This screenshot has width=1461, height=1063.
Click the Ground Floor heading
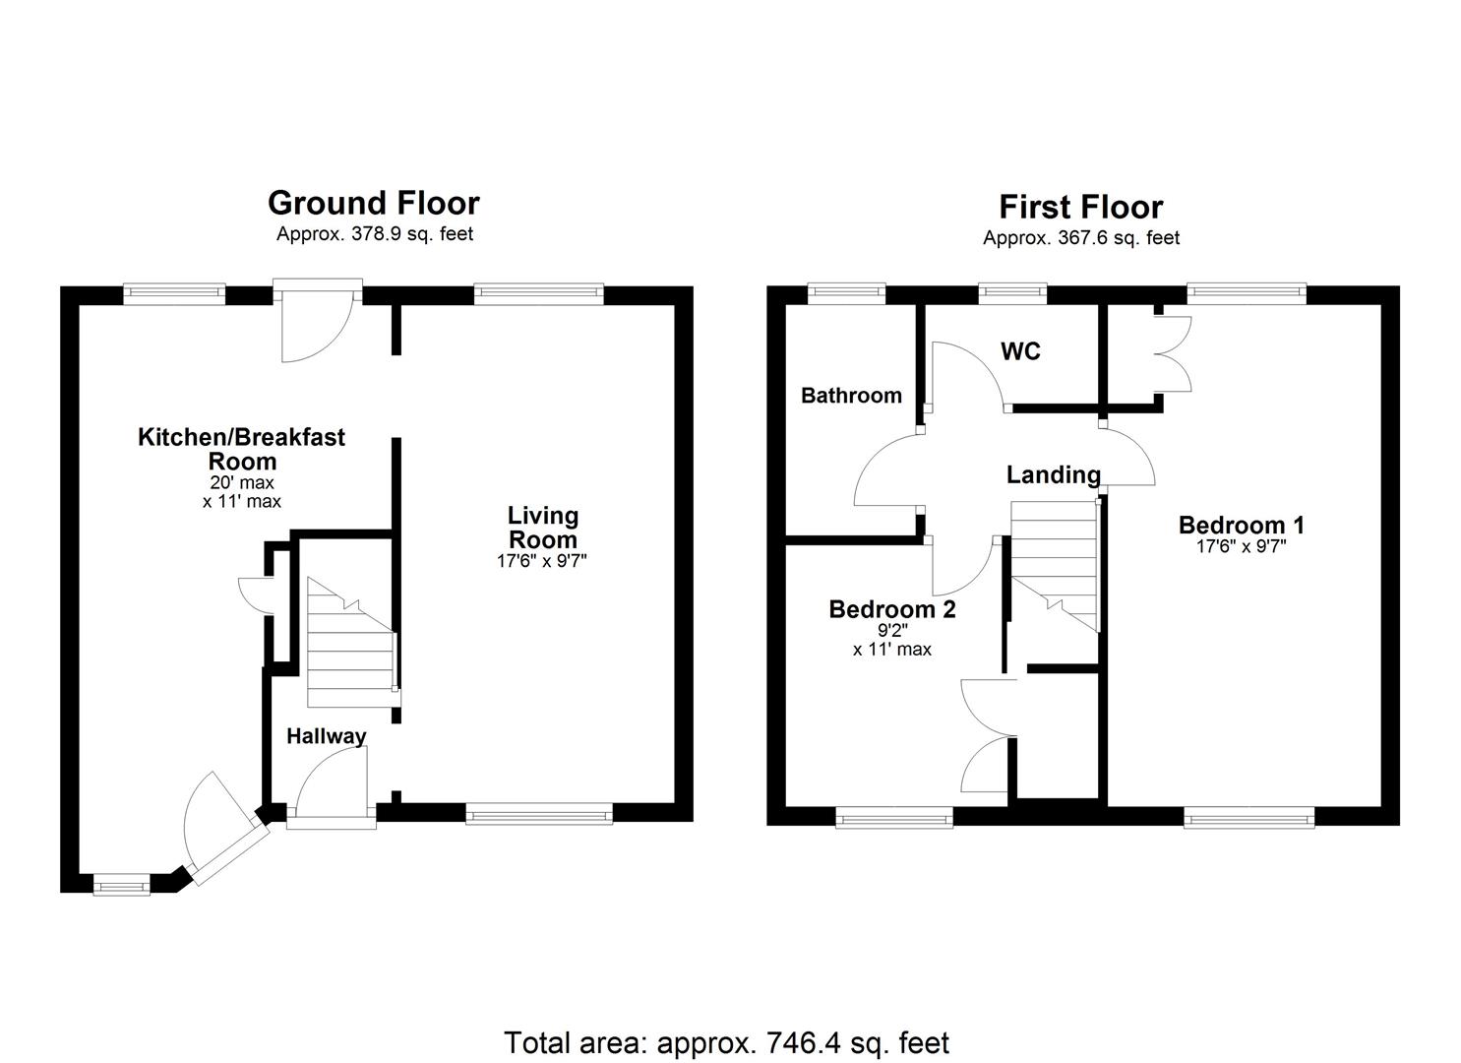click(x=374, y=203)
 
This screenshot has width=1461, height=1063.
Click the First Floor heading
click(x=1080, y=207)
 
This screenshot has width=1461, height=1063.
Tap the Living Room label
click(x=542, y=528)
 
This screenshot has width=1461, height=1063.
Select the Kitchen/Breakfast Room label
click(x=241, y=449)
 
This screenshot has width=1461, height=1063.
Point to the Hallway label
click(x=326, y=735)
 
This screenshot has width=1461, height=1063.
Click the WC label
click(x=1020, y=351)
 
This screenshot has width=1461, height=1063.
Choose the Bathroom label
click(x=851, y=396)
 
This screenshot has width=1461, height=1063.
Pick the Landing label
click(x=1053, y=475)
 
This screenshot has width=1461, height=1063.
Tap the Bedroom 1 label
click(x=1241, y=525)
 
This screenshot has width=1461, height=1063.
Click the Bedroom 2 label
click(x=891, y=609)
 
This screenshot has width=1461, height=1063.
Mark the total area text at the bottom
click(x=726, y=1042)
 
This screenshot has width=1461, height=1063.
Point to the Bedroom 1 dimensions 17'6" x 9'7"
click(x=1241, y=547)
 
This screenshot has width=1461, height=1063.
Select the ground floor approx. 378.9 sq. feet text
click(x=374, y=234)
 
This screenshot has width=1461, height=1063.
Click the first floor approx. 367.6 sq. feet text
click(x=1080, y=238)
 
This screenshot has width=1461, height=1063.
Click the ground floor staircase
click(x=350, y=645)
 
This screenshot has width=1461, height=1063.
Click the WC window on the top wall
click(x=1011, y=291)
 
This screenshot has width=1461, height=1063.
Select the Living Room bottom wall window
click(x=538, y=813)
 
